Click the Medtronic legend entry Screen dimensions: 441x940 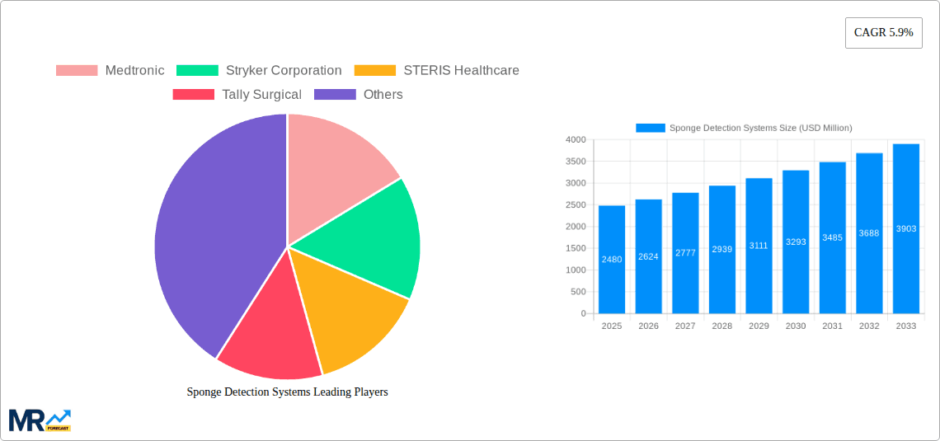click(110, 70)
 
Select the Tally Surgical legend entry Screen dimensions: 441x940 click(237, 94)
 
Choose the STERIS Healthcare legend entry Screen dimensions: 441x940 click(437, 70)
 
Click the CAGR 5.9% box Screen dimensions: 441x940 click(883, 33)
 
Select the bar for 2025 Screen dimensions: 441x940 click(612, 260)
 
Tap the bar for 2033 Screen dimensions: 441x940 click(905, 229)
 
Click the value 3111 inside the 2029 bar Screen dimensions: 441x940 click(759, 246)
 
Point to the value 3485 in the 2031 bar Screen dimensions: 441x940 click(832, 237)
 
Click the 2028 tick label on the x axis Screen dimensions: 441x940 click(721, 326)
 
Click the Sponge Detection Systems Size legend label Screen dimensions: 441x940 click(759, 128)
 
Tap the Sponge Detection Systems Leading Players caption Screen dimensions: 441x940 click(287, 392)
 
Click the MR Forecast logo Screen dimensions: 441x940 click(40, 420)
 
